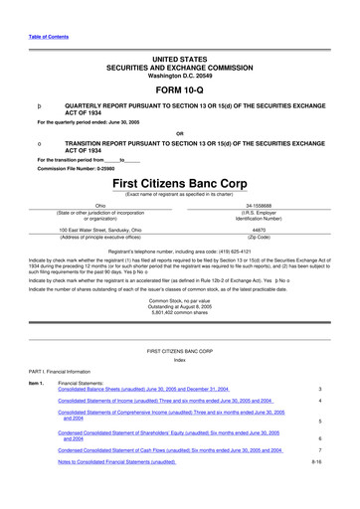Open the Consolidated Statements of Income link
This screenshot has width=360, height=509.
(170, 401)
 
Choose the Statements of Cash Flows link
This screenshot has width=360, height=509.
(170, 450)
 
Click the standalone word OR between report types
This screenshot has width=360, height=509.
(179, 131)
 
